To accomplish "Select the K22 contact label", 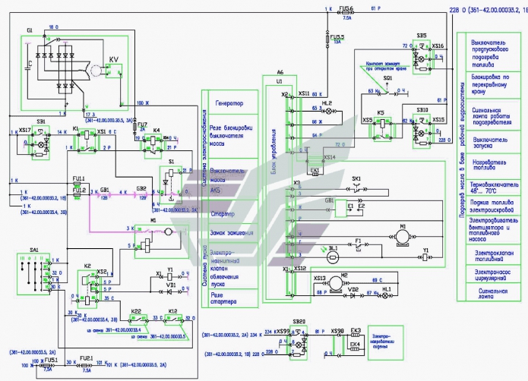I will (x=135, y=311).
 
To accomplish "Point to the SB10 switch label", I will (x=422, y=110).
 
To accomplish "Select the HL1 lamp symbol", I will (x=387, y=291).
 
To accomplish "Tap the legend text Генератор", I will (x=229, y=103).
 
